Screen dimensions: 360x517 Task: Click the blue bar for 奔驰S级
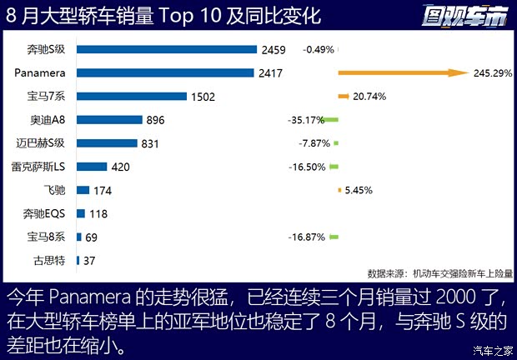[166, 49]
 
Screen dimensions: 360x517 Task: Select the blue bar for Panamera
[165, 72]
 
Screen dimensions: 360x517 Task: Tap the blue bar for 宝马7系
[133, 96]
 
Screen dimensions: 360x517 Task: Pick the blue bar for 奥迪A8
[109, 119]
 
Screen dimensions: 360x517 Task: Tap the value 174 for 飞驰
[103, 191]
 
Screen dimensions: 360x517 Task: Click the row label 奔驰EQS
[51, 214]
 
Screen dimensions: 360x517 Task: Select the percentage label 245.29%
[492, 73]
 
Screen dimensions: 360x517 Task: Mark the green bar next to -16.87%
[334, 237]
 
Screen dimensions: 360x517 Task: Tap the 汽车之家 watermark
[491, 349]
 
